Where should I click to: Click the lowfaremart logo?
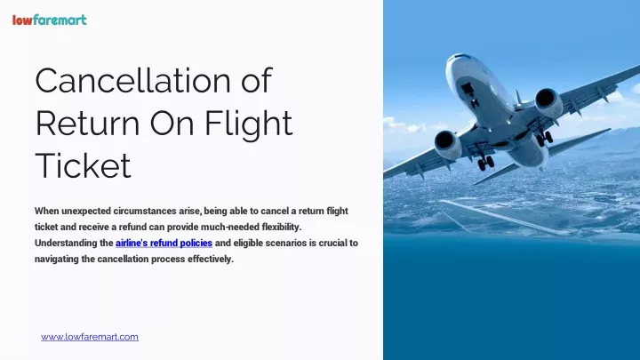(x=50, y=20)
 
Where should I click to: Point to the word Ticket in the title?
(x=84, y=165)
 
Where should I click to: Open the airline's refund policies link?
(x=164, y=243)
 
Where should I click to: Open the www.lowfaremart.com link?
(x=90, y=337)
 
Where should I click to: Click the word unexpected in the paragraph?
(x=85, y=212)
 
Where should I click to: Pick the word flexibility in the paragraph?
(x=281, y=227)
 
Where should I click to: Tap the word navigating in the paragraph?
(x=56, y=260)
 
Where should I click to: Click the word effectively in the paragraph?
(x=211, y=260)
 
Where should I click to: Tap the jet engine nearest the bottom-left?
(x=448, y=144)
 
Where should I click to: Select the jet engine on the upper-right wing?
(x=548, y=102)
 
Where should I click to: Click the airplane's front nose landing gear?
(x=475, y=100)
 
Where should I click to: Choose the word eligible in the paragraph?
(x=248, y=244)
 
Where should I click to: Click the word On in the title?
(x=172, y=123)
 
